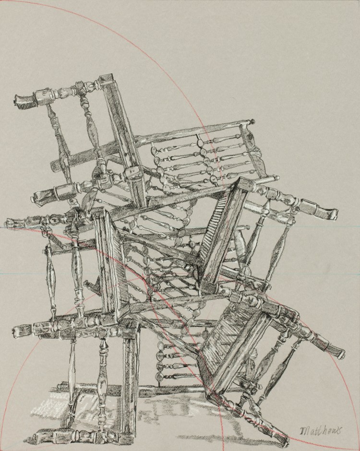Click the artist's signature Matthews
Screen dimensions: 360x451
(321, 430)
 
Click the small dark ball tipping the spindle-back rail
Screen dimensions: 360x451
(253, 121)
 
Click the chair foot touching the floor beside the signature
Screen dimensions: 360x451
(281, 439)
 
